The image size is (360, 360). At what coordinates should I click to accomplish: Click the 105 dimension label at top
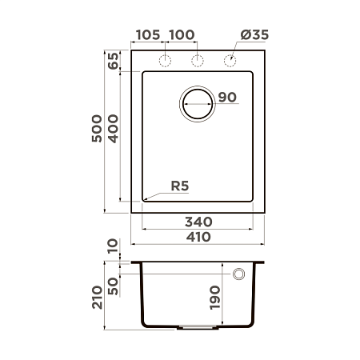tap(148, 34)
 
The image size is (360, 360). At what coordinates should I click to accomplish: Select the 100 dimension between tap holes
tap(182, 34)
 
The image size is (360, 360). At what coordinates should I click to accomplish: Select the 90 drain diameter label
tap(226, 98)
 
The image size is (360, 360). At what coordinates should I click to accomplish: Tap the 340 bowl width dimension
tap(198, 221)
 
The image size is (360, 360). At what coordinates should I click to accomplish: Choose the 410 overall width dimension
tap(198, 237)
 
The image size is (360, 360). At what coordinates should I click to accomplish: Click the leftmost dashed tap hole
tap(166, 61)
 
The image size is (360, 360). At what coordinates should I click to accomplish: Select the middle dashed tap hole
tap(197, 61)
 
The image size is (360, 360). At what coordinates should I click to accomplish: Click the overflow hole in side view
tap(238, 274)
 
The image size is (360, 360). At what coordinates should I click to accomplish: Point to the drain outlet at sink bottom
tap(198, 327)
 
